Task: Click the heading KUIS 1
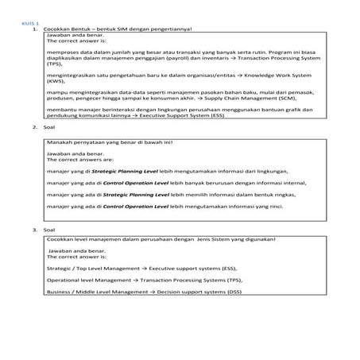pos(29,25)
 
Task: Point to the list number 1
pos(35,30)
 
